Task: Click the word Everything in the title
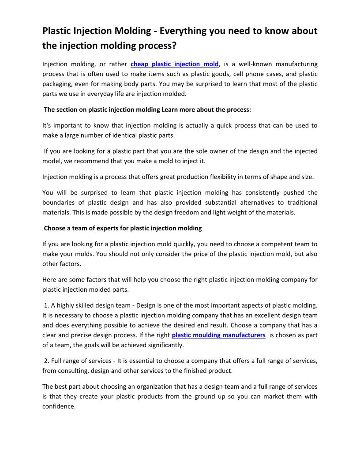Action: [184, 31]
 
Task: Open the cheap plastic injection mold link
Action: [175, 64]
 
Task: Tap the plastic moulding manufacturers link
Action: [218, 335]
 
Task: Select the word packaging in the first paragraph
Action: [57, 84]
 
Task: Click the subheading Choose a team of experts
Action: [123, 228]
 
